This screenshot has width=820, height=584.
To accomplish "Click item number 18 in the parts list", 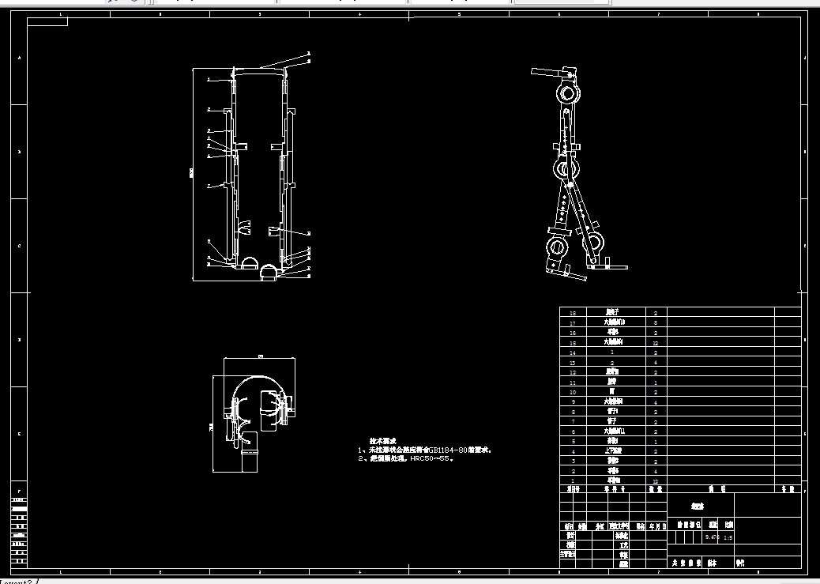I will [574, 313].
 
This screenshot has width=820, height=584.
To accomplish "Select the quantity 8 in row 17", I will [656, 322].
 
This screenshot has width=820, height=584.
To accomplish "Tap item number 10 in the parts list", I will [574, 392].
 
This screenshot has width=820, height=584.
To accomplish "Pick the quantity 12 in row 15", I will [656, 343].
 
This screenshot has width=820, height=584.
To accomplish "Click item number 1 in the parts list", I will [574, 480].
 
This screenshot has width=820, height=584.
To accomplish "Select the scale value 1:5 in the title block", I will [728, 537].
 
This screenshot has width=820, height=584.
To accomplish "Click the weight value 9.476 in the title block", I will [712, 537].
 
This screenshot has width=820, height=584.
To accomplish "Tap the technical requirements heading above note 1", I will [382, 441].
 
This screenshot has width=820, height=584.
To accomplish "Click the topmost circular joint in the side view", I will [568, 94].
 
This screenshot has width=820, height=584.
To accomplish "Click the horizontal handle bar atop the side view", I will [546, 73].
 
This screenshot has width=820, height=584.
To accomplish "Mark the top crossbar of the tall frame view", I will [259, 69].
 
